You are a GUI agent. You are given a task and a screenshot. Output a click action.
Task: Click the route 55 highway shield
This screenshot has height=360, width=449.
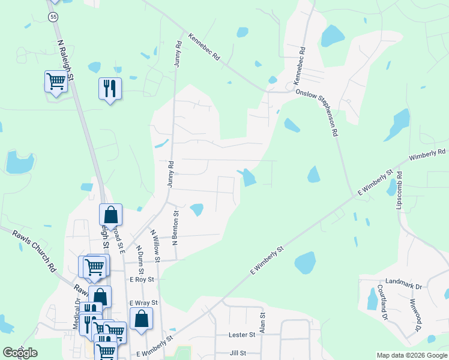(54, 17)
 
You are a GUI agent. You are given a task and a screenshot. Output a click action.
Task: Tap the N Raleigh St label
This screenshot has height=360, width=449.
(66, 61)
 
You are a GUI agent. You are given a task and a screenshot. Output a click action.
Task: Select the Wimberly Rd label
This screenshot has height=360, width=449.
(428, 155)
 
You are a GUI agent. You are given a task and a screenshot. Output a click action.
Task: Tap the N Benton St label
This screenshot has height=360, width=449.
(176, 227)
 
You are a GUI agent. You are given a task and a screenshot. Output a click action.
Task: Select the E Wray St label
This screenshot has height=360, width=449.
(143, 303)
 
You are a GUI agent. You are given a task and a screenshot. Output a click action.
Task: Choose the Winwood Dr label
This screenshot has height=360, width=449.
(415, 317)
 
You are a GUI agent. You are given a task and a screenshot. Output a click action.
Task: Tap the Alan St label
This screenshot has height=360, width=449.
(262, 323)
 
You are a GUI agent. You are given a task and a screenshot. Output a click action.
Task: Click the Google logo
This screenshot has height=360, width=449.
(19, 353)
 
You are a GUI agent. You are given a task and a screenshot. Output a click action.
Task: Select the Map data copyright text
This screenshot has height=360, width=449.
(412, 355)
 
